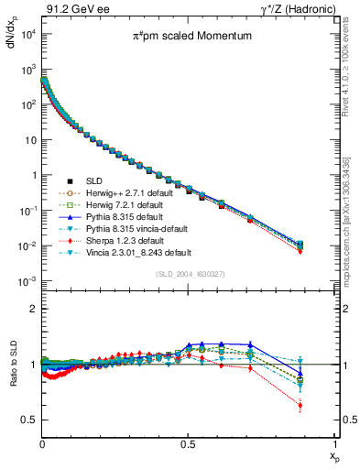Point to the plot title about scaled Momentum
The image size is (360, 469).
pyautogui.click(x=186, y=38)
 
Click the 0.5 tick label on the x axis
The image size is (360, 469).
pyautogui.click(x=188, y=442)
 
